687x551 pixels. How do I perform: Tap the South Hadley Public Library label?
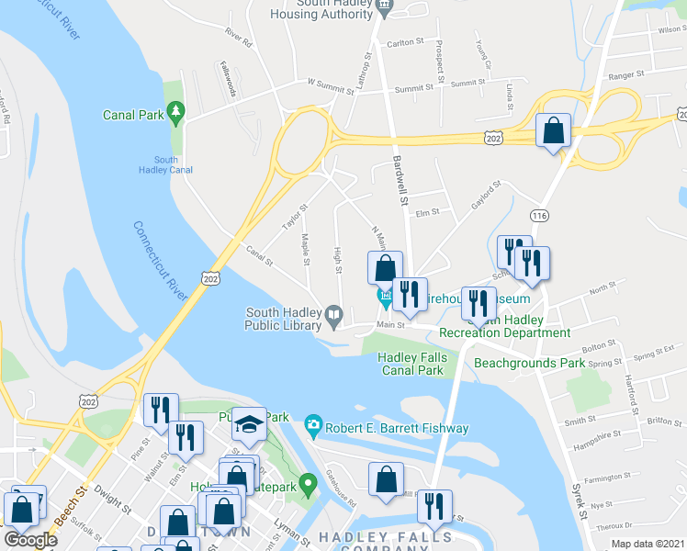[283, 318]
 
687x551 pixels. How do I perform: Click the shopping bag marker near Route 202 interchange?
[554, 132]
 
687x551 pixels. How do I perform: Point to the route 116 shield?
[539, 214]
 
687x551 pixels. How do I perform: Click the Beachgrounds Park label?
[529, 363]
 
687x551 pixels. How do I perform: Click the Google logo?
[30, 539]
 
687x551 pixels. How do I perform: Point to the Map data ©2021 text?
[648, 543]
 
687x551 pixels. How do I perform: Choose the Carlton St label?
[405, 42]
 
